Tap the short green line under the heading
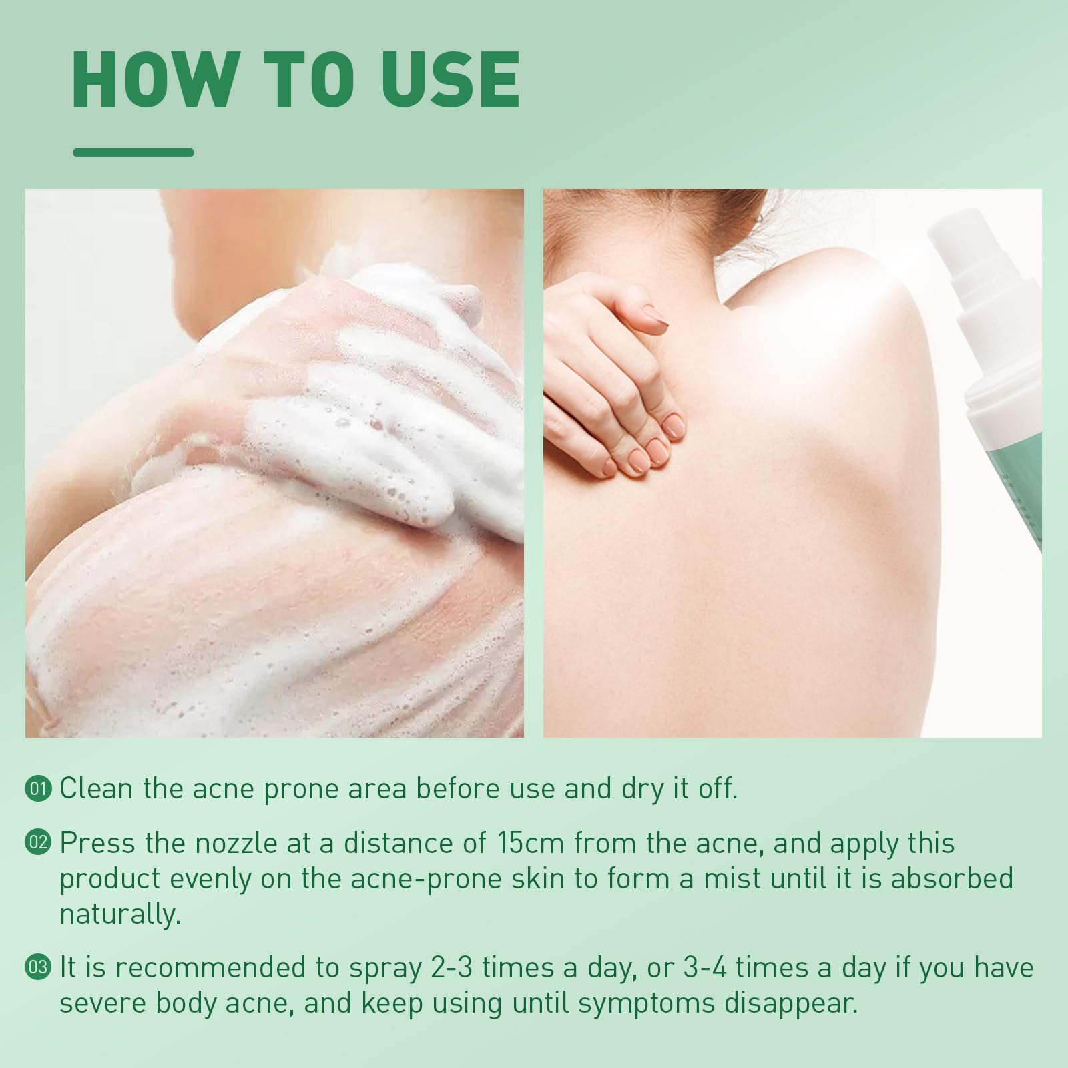click(133, 153)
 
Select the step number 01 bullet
click(39, 789)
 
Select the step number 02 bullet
click(39, 844)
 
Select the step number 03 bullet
click(39, 969)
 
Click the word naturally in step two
click(120, 915)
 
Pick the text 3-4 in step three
click(701, 969)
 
